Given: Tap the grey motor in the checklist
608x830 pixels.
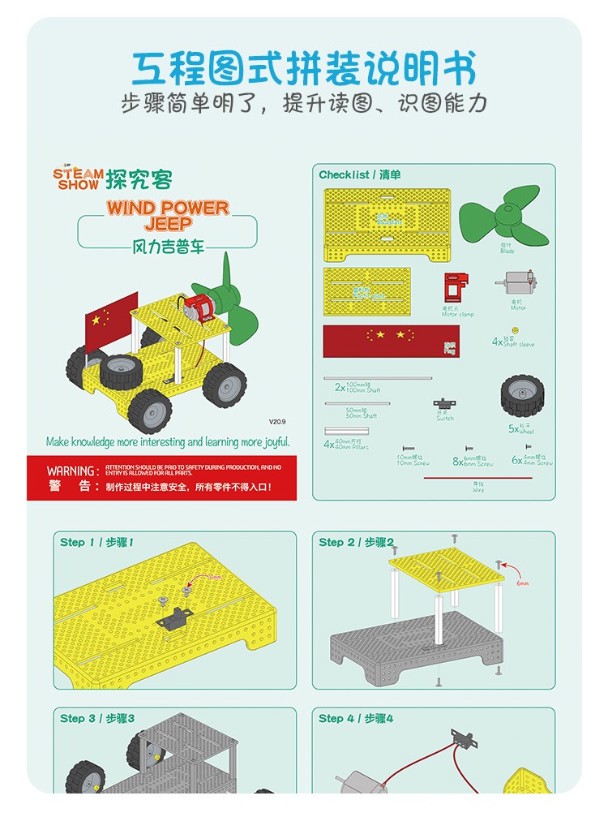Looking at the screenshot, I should pos(516,286).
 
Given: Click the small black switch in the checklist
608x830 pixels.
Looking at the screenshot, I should pos(443,404).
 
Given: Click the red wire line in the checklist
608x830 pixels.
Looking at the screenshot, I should pos(477,478).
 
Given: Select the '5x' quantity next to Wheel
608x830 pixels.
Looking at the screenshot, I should pos(513,428).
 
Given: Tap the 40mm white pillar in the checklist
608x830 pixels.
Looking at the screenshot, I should pos(347,431).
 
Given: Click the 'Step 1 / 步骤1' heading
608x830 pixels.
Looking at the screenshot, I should pos(96,542).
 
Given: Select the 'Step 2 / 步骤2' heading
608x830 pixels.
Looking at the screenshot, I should pos(356,542).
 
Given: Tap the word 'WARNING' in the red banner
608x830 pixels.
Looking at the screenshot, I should pos(71,471).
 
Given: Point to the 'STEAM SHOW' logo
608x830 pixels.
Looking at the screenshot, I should pos(79,178).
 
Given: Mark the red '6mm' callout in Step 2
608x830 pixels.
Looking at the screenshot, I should pos(523,583).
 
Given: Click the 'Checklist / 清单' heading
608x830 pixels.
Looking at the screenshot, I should pos(359,174).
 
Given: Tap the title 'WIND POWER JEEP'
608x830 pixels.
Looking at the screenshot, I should pos(168,214).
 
